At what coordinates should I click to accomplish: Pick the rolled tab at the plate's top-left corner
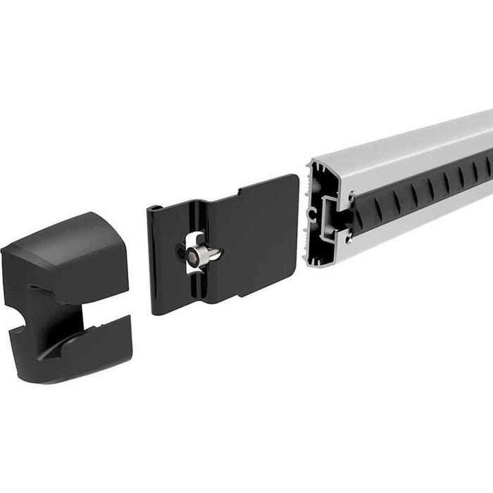tap(154, 209)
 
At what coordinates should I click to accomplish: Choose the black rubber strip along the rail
tap(423, 187)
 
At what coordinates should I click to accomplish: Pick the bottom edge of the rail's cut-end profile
tap(320, 263)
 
